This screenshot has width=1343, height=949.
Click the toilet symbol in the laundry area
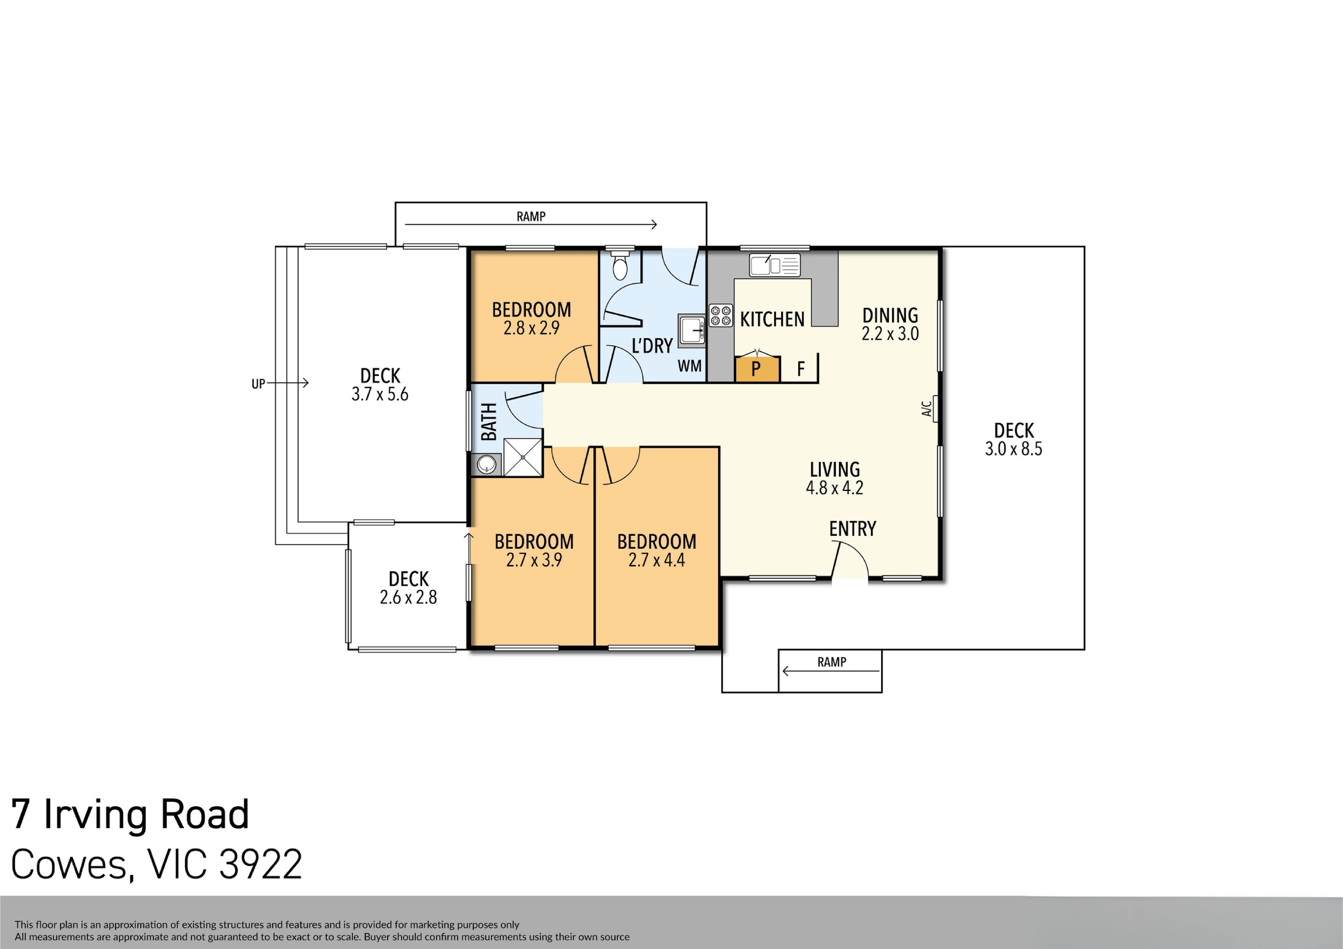click(x=619, y=266)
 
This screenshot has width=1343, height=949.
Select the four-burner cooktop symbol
click(x=721, y=315)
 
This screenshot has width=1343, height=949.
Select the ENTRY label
click(x=852, y=529)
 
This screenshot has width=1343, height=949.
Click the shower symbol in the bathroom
click(x=522, y=457)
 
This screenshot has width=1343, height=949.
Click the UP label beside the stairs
click(x=258, y=384)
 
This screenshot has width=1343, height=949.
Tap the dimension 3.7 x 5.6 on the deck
click(x=380, y=394)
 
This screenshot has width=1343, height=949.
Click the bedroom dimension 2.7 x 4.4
click(x=656, y=560)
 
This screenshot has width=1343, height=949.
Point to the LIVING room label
click(x=835, y=469)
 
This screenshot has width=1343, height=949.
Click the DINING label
click(x=890, y=315)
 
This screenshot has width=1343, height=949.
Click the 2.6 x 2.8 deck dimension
click(x=408, y=597)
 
